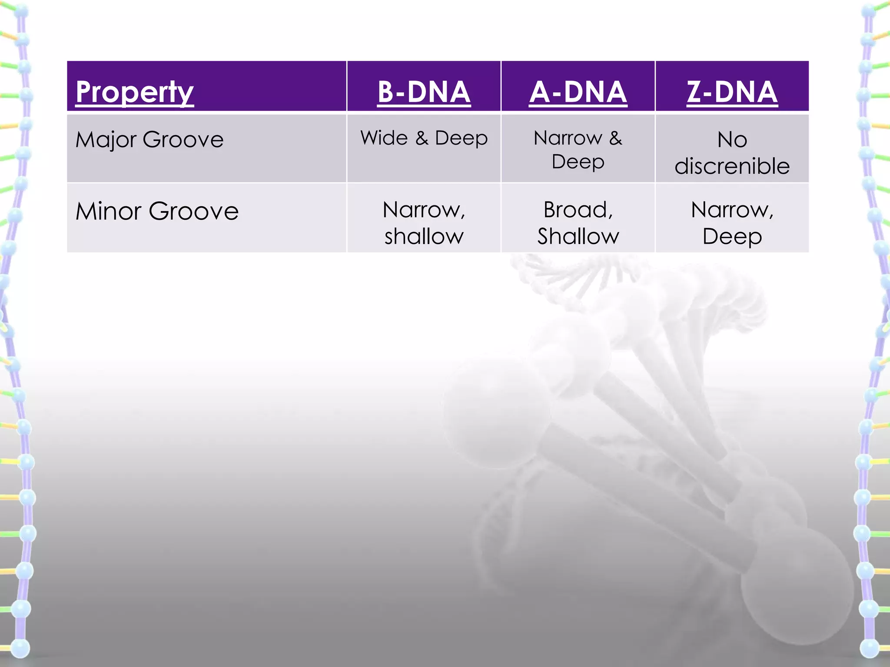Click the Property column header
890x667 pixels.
135,92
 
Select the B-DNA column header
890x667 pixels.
424,92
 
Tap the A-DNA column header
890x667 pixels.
578,92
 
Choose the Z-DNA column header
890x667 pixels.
732,92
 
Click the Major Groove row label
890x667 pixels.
149,140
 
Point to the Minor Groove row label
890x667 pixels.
157,211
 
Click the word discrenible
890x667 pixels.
732,166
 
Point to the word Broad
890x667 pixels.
577,210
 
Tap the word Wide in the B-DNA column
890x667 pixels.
384,138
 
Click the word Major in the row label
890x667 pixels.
106,140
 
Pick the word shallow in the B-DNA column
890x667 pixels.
424,236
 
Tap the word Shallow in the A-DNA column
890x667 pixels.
578,236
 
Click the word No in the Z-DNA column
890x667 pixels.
732,140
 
